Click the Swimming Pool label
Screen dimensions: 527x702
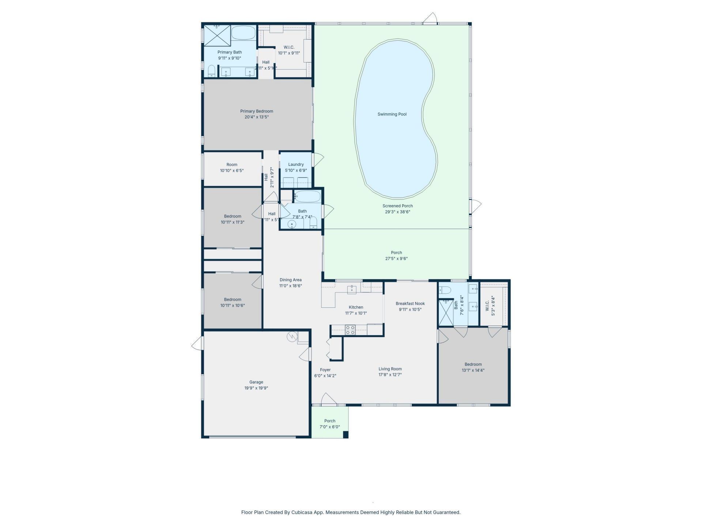coord(392,114)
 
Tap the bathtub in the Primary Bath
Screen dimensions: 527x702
coord(243,33)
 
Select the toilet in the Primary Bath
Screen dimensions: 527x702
coord(212,71)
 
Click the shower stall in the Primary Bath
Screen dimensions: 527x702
coord(217,35)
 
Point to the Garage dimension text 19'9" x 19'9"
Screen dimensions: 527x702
coord(256,388)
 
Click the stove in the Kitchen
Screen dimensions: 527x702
coord(350,330)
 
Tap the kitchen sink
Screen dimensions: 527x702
coord(352,289)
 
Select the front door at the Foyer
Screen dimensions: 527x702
coord(329,400)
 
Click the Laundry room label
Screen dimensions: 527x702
coord(296,165)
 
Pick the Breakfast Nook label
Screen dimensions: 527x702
coord(410,303)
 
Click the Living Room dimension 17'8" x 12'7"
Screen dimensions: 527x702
coord(390,375)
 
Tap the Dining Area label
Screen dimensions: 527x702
coord(290,280)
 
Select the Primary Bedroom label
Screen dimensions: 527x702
coord(256,111)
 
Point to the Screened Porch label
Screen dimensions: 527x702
coord(397,206)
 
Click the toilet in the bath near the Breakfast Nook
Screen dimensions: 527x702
coord(445,290)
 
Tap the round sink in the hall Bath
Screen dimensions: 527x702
coord(292,224)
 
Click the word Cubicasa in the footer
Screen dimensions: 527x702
coord(301,512)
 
